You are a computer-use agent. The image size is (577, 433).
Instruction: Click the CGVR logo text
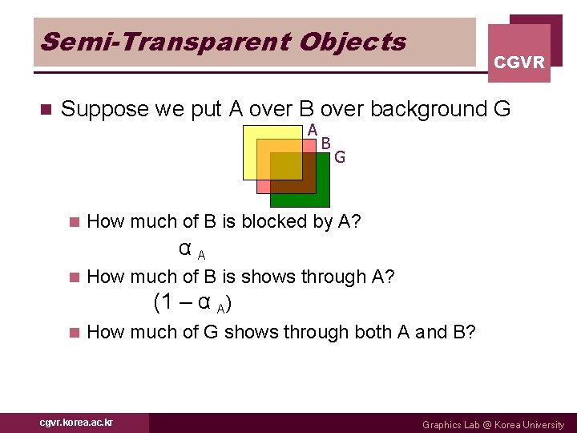(519, 62)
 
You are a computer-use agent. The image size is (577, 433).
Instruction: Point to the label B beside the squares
(325, 144)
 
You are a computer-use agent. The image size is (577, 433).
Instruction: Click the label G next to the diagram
(340, 157)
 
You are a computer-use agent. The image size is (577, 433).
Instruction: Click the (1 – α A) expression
(194, 303)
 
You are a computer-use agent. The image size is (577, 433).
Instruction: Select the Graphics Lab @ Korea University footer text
(493, 424)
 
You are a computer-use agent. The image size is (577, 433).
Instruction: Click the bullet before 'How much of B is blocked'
(75, 222)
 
